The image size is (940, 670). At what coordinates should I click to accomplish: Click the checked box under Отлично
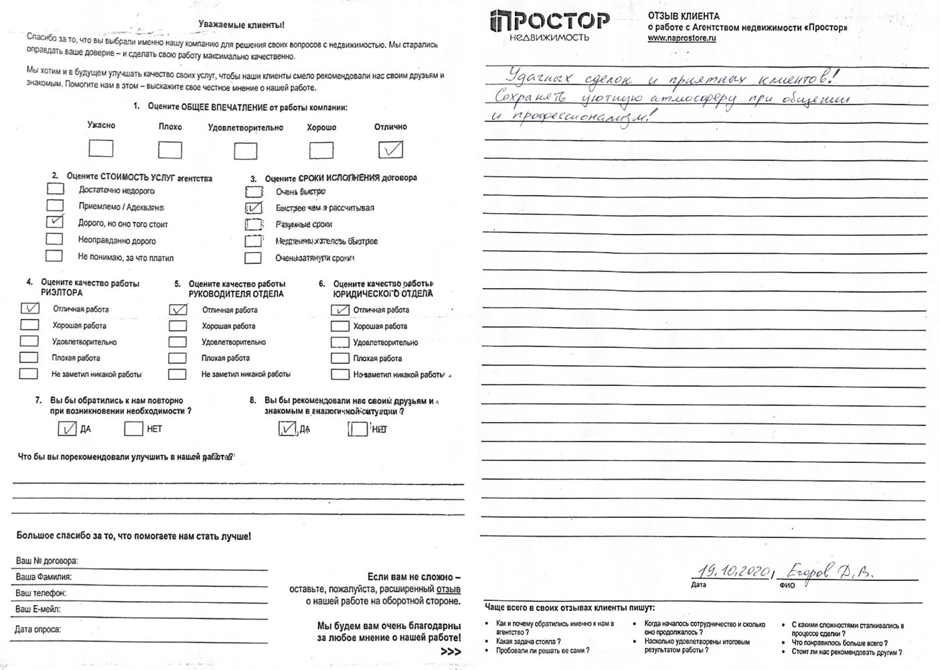[390, 149]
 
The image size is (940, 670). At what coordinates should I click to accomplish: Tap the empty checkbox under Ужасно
[100, 148]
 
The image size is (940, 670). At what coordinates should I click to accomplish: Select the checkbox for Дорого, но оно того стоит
[54, 222]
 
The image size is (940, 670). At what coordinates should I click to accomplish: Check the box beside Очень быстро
[253, 192]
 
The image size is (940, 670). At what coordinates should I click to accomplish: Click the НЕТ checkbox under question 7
[134, 428]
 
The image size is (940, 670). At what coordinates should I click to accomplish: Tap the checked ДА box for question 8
[287, 428]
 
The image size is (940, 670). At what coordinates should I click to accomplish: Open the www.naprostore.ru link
[682, 38]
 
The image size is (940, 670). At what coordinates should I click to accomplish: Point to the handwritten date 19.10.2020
[734, 571]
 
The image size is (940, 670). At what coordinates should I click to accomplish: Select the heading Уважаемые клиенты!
[241, 25]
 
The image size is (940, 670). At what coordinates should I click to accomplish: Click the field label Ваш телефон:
[41, 593]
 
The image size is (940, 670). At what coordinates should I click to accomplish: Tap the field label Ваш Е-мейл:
[38, 609]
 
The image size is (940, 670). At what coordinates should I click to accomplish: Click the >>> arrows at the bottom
[451, 651]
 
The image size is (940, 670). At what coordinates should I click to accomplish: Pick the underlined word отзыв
[448, 589]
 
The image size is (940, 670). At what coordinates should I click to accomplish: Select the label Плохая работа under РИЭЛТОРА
[76, 358]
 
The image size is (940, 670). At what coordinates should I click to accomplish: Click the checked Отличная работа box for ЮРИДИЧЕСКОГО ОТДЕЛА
[340, 310]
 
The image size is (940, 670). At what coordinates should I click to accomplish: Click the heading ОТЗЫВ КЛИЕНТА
[684, 16]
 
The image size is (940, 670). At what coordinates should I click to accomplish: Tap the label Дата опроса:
[38, 629]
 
